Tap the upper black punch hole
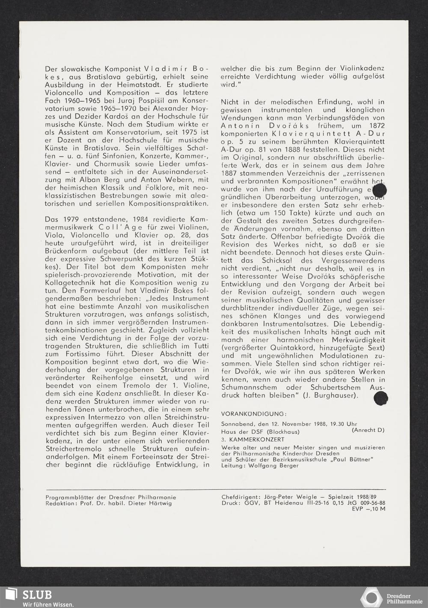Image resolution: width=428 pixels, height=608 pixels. tap(380, 190)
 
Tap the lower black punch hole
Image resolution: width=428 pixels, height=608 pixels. tap(380, 398)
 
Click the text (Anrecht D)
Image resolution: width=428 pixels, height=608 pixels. tap(368, 430)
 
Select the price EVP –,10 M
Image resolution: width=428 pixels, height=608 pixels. tap(369, 509)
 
